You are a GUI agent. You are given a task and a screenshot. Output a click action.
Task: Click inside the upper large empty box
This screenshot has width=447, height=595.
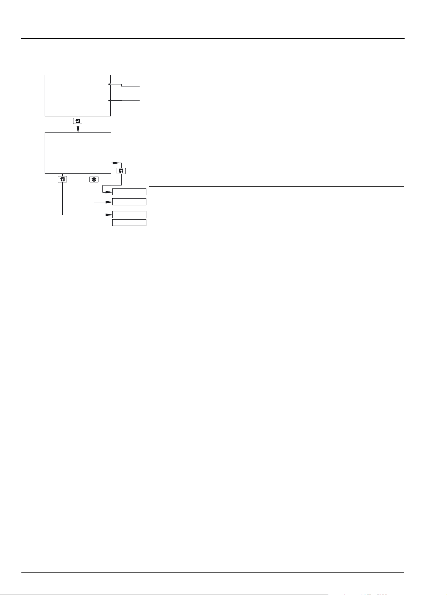click(x=77, y=95)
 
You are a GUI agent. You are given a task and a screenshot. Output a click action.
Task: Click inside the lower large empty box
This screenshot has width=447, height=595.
click(x=78, y=153)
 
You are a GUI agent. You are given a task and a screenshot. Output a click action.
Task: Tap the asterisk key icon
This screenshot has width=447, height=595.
click(x=94, y=179)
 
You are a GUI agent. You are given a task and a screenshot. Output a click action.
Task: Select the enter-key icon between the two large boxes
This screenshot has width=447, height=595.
click(x=78, y=121)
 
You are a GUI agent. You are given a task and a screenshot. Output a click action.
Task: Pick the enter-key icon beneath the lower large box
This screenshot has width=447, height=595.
click(x=62, y=179)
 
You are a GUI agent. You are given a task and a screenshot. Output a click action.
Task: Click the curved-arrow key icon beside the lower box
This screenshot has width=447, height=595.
click(x=121, y=171)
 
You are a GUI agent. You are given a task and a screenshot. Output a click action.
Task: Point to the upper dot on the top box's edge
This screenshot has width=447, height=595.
click(x=109, y=84)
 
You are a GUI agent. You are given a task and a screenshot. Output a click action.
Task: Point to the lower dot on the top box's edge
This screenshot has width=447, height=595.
click(x=109, y=101)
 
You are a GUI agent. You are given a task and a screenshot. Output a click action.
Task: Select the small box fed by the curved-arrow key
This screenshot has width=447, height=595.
click(x=129, y=192)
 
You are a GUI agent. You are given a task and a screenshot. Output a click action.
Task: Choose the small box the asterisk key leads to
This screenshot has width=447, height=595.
click(x=129, y=202)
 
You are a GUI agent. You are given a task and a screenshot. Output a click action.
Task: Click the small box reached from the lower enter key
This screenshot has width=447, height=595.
click(x=129, y=214)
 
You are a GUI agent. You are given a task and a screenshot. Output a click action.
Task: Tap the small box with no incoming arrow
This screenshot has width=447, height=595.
click(x=129, y=223)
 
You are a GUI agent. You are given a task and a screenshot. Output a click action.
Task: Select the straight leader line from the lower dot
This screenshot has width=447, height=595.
click(x=126, y=101)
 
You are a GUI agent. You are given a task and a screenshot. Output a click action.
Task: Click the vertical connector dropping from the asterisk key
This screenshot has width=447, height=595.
click(x=94, y=193)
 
